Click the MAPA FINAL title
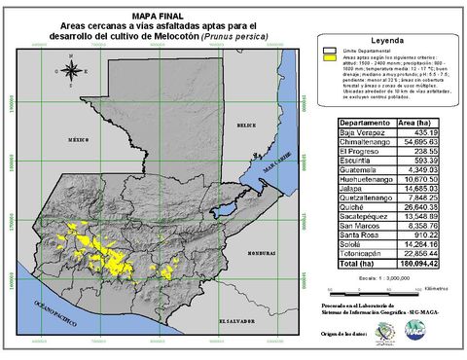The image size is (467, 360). point(159,6)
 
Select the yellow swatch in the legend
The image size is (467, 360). point(327,58)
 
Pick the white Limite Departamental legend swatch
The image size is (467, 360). point(327,49)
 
